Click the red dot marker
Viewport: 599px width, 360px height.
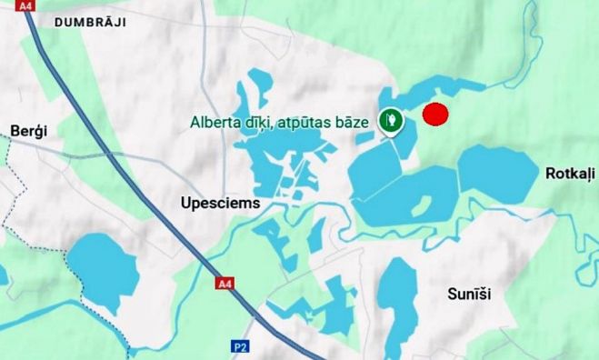click(437, 115)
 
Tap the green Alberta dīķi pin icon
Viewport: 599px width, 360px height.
click(391, 120)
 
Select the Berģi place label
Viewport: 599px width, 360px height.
click(28, 131)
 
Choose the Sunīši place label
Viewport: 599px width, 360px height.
click(470, 294)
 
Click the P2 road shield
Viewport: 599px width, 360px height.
click(240, 346)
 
